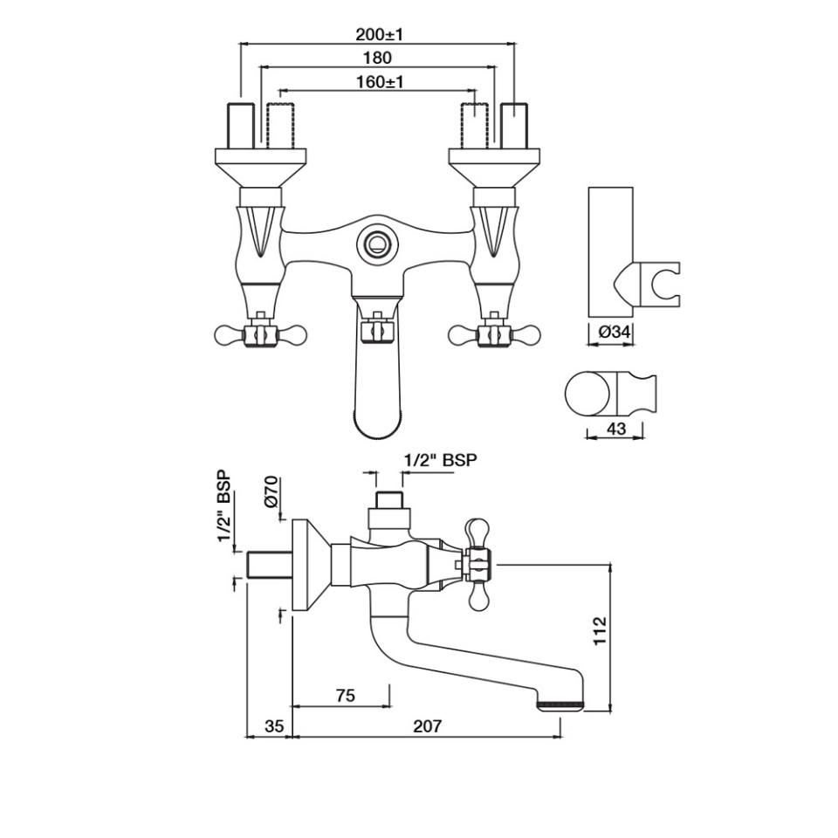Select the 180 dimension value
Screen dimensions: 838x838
point(377,58)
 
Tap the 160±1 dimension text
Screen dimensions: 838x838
point(380,82)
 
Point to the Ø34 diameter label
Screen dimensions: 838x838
point(615,333)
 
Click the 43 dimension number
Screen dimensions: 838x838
point(616,428)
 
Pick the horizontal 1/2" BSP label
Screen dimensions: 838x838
point(440,460)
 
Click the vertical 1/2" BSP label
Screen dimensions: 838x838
point(224,505)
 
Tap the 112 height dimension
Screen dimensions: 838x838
point(601,630)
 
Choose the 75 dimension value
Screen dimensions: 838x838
point(347,696)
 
